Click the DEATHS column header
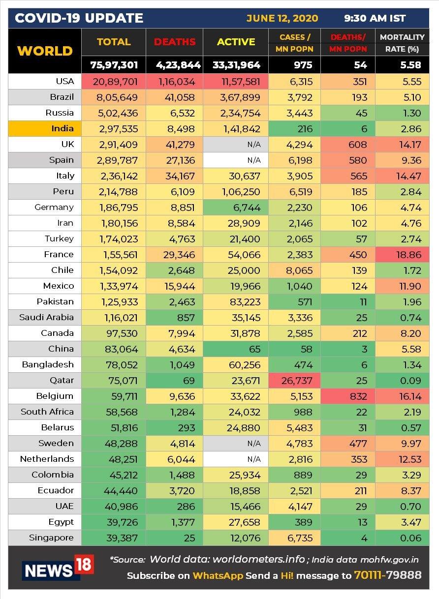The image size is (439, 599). (x=175, y=42)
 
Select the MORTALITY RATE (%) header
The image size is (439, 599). (x=402, y=43)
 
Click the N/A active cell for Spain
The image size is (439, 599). (x=236, y=160)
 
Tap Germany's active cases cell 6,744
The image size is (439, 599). (x=236, y=208)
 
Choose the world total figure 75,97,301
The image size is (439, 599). (x=114, y=65)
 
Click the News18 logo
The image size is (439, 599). (x=58, y=567)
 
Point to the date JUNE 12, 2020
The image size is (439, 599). (x=282, y=18)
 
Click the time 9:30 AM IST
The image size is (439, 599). (x=375, y=18)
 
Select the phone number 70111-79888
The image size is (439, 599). (x=388, y=575)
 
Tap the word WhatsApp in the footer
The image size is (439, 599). (x=218, y=575)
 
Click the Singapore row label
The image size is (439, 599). (x=51, y=538)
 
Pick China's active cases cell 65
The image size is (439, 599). (x=236, y=349)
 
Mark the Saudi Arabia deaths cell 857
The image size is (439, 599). (x=175, y=318)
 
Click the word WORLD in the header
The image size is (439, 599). (x=45, y=51)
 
